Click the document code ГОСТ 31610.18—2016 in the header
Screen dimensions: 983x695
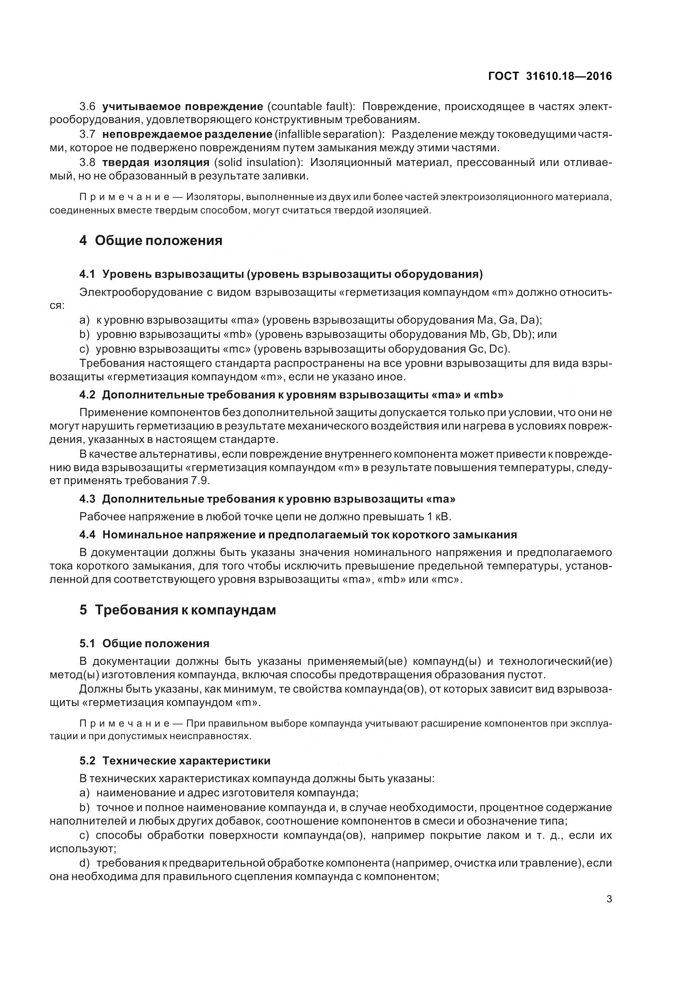tap(550, 76)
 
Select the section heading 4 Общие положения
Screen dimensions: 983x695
tap(151, 241)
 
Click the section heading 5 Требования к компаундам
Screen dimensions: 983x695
tap(177, 610)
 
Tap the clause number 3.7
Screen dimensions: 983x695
tap(87, 134)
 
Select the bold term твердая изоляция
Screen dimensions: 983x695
tap(156, 162)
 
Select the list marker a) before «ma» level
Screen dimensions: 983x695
tap(85, 320)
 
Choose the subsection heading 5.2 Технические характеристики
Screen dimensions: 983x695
tap(175, 761)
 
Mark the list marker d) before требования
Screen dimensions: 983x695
tap(85, 864)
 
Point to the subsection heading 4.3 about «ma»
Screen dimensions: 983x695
tap(267, 499)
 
